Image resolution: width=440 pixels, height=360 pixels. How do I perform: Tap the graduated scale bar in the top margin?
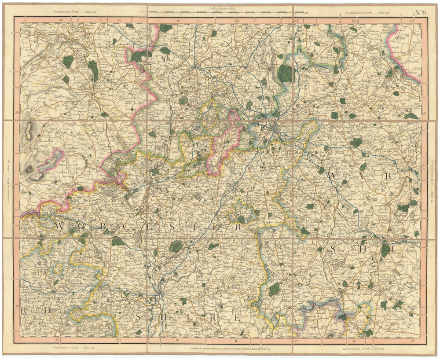220,12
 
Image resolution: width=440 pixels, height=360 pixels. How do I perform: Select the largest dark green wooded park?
286,73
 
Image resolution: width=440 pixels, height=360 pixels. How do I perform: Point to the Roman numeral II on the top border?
236,21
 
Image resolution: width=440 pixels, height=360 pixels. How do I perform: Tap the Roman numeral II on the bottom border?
236,341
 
